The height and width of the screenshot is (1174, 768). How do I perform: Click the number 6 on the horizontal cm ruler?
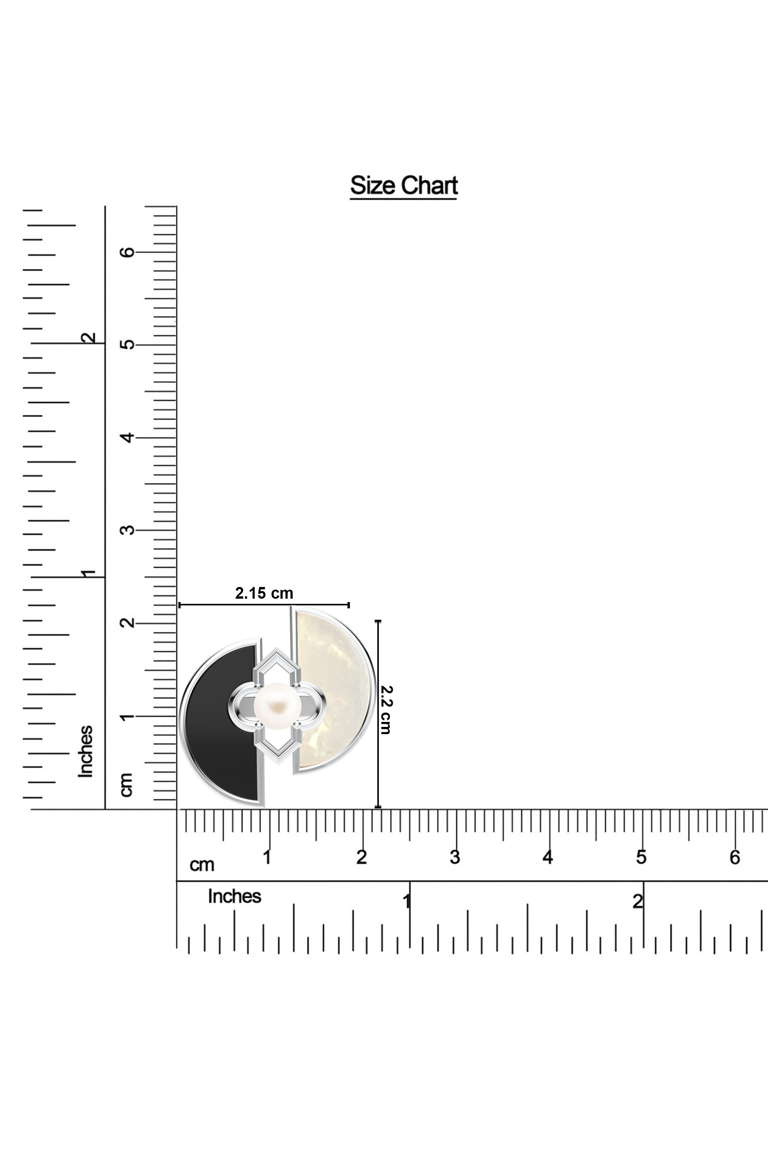pos(735,858)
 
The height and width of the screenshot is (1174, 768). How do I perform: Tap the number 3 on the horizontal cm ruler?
pos(455,858)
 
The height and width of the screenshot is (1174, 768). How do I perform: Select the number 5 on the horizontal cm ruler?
pos(641,858)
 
